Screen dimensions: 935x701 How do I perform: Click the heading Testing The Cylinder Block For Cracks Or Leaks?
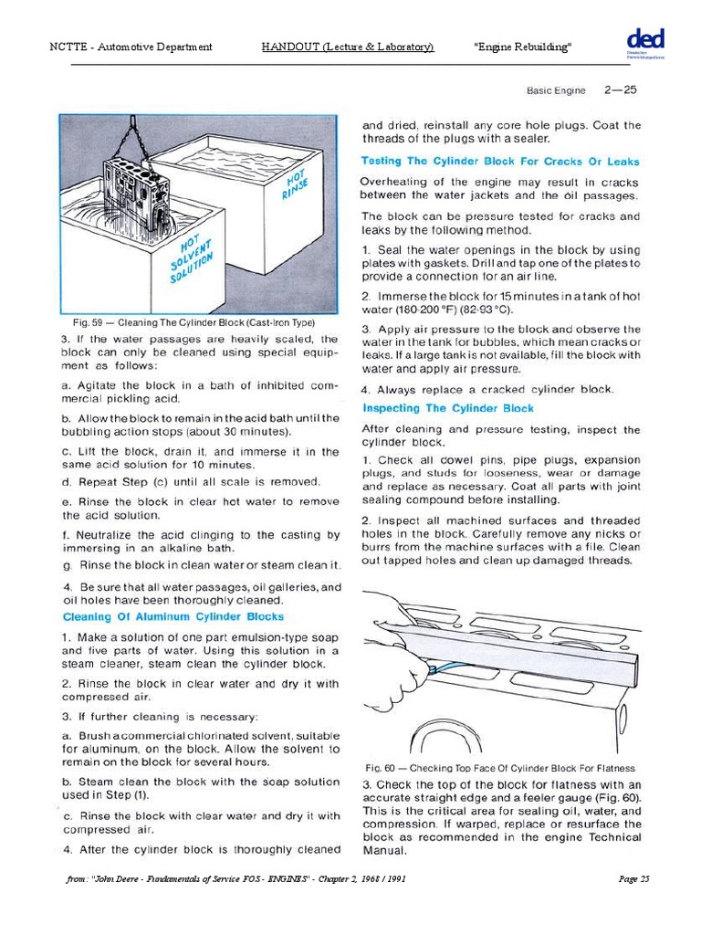[x=499, y=161]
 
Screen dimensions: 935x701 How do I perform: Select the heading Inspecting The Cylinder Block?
[x=448, y=408]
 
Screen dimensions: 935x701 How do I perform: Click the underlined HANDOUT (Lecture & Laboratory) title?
[x=347, y=47]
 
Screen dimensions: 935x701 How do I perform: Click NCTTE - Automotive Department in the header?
[x=131, y=47]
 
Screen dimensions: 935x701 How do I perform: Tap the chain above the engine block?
[x=138, y=137]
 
